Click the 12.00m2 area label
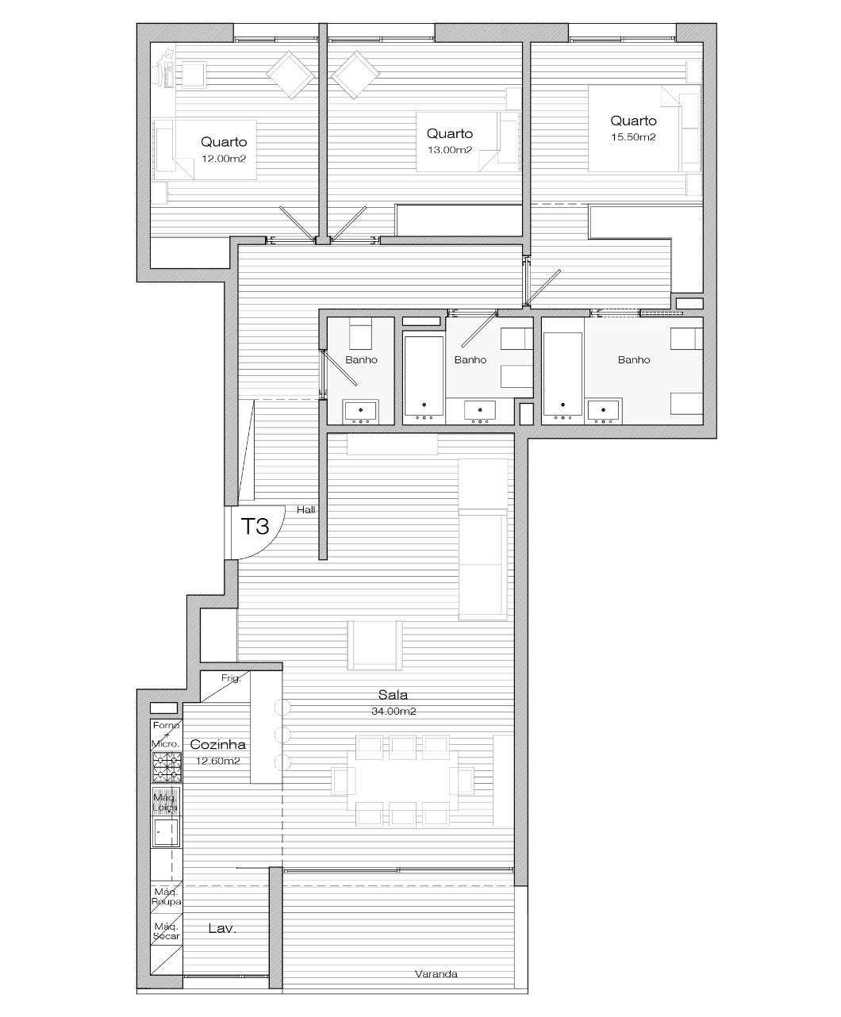coord(224,159)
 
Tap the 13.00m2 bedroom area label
coord(450,150)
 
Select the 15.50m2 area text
coord(633,137)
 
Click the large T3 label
coord(255,527)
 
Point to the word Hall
coord(306,510)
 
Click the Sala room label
coord(393,695)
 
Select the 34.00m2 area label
coord(394,711)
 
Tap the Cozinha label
coord(218,744)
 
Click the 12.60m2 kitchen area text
coord(218,761)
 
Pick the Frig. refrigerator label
coord(231,678)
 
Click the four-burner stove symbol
coord(167,767)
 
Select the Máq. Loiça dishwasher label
coord(166,802)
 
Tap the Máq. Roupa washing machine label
coord(166,896)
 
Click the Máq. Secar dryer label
coord(166,931)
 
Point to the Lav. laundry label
coord(222,928)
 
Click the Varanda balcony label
coord(436,973)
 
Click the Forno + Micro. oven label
coord(166,735)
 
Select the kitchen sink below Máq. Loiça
coord(166,832)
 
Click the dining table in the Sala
coord(402,781)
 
